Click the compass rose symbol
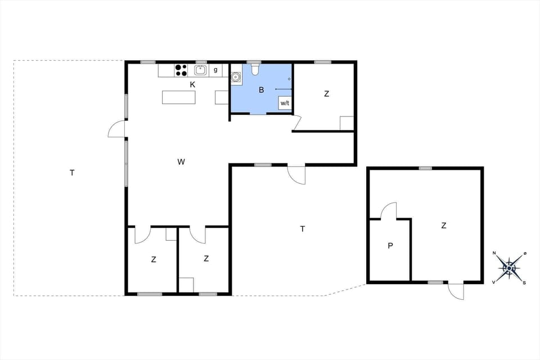[x=509, y=268]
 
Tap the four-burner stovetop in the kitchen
[x=181, y=70]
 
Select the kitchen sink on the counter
[x=200, y=70]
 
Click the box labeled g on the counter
[x=215, y=70]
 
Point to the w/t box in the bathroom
[x=285, y=103]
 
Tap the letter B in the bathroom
[x=261, y=90]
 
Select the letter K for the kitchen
[x=192, y=85]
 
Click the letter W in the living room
[x=181, y=162]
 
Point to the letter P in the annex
[x=389, y=246]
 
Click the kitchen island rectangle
[x=179, y=97]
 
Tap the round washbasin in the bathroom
[x=236, y=77]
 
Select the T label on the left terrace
[x=72, y=173]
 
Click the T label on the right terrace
[x=303, y=229]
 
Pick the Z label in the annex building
[x=444, y=226]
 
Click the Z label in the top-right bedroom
[x=326, y=94]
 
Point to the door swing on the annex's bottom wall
[x=457, y=291]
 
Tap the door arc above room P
[x=389, y=211]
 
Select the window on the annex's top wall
[x=425, y=168]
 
